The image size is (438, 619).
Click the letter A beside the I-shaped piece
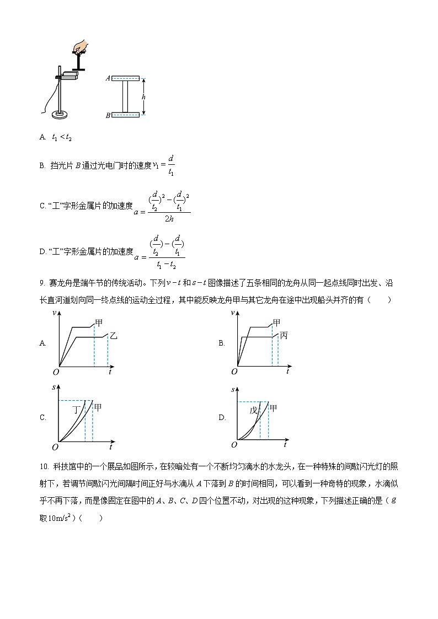click(108, 78)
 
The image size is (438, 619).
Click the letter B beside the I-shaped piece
click(108, 115)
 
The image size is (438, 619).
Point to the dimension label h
click(143, 96)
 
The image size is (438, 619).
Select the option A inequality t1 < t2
click(62, 138)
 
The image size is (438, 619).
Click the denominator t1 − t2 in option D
click(167, 263)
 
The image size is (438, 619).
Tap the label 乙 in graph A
click(114, 335)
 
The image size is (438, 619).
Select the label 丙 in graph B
click(284, 335)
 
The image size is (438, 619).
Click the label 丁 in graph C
click(78, 410)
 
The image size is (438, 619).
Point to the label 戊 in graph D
click(254, 411)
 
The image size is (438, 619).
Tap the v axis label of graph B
click(233, 313)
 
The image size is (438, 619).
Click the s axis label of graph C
click(54, 388)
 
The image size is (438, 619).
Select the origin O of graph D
click(234, 444)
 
